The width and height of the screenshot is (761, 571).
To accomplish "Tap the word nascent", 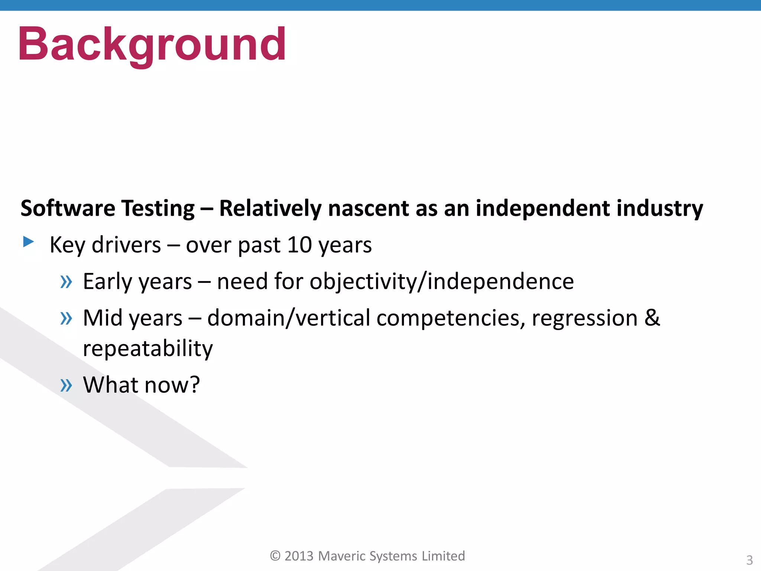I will coord(368,208).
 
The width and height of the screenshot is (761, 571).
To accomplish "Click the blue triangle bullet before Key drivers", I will coord(28,242).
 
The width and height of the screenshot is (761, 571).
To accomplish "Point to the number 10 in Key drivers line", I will coord(299,245).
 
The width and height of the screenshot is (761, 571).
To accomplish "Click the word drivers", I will coord(126,245).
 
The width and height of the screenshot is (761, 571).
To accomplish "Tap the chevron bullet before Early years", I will coord(66,282).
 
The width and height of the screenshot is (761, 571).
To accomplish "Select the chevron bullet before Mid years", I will coord(66,318).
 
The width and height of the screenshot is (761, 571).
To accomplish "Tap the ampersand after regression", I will coord(652,317).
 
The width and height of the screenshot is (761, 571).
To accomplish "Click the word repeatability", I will coord(148,349).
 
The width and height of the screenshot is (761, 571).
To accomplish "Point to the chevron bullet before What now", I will coord(66,385).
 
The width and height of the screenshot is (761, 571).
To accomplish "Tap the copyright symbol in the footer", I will coord(275,556).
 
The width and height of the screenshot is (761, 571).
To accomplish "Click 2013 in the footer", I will coord(299,556).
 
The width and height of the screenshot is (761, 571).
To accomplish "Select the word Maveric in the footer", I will coord(342,556).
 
